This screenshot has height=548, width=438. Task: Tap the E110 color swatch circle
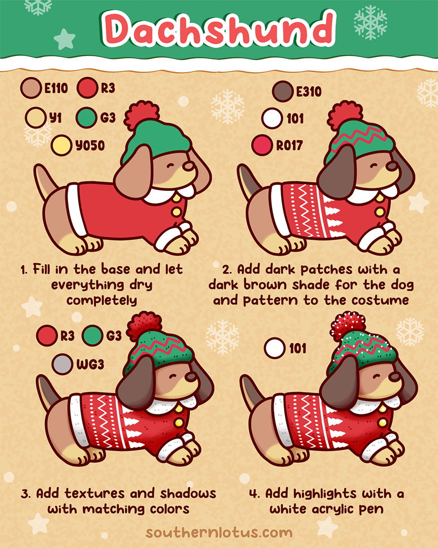pyautogui.click(x=30, y=88)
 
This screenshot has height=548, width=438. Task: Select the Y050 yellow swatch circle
pyautogui.click(x=61, y=146)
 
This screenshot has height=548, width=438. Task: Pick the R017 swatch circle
pyautogui.click(x=262, y=146)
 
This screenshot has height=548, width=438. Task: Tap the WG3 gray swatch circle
pyautogui.click(x=62, y=365)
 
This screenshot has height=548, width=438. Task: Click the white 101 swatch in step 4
pyautogui.click(x=275, y=349)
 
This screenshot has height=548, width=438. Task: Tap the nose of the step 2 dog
pyautogui.click(x=391, y=166)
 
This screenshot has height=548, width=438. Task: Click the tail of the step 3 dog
pyautogui.click(x=46, y=391)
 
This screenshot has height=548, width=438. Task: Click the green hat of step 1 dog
pyautogui.click(x=150, y=136)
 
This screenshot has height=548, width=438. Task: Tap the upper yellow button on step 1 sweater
pyautogui.click(x=176, y=199)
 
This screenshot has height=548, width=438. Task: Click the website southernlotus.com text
pyautogui.click(x=219, y=533)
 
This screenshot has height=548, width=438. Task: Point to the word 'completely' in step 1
pyautogui.click(x=102, y=300)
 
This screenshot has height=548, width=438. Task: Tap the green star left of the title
pyautogui.click(x=64, y=39)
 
